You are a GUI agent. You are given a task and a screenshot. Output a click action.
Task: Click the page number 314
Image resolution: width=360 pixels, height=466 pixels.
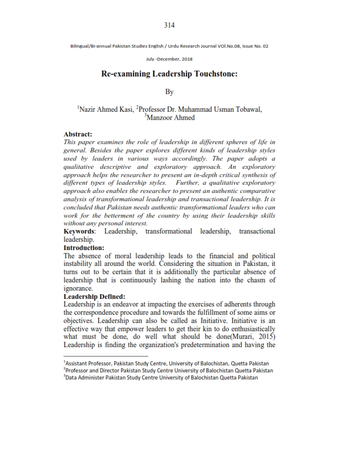(169, 25)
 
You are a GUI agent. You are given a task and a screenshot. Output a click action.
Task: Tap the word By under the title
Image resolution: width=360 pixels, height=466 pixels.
(169, 92)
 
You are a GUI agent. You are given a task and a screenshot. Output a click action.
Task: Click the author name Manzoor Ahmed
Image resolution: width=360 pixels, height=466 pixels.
(169, 118)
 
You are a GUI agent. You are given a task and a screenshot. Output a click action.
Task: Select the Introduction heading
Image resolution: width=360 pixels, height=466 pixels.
(84, 248)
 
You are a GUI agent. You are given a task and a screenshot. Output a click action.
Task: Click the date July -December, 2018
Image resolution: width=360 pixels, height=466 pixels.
(169, 59)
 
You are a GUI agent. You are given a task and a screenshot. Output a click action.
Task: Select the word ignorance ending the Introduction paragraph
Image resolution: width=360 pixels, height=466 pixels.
(78, 288)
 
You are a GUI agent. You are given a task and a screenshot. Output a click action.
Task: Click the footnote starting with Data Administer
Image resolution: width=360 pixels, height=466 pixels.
(161, 378)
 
